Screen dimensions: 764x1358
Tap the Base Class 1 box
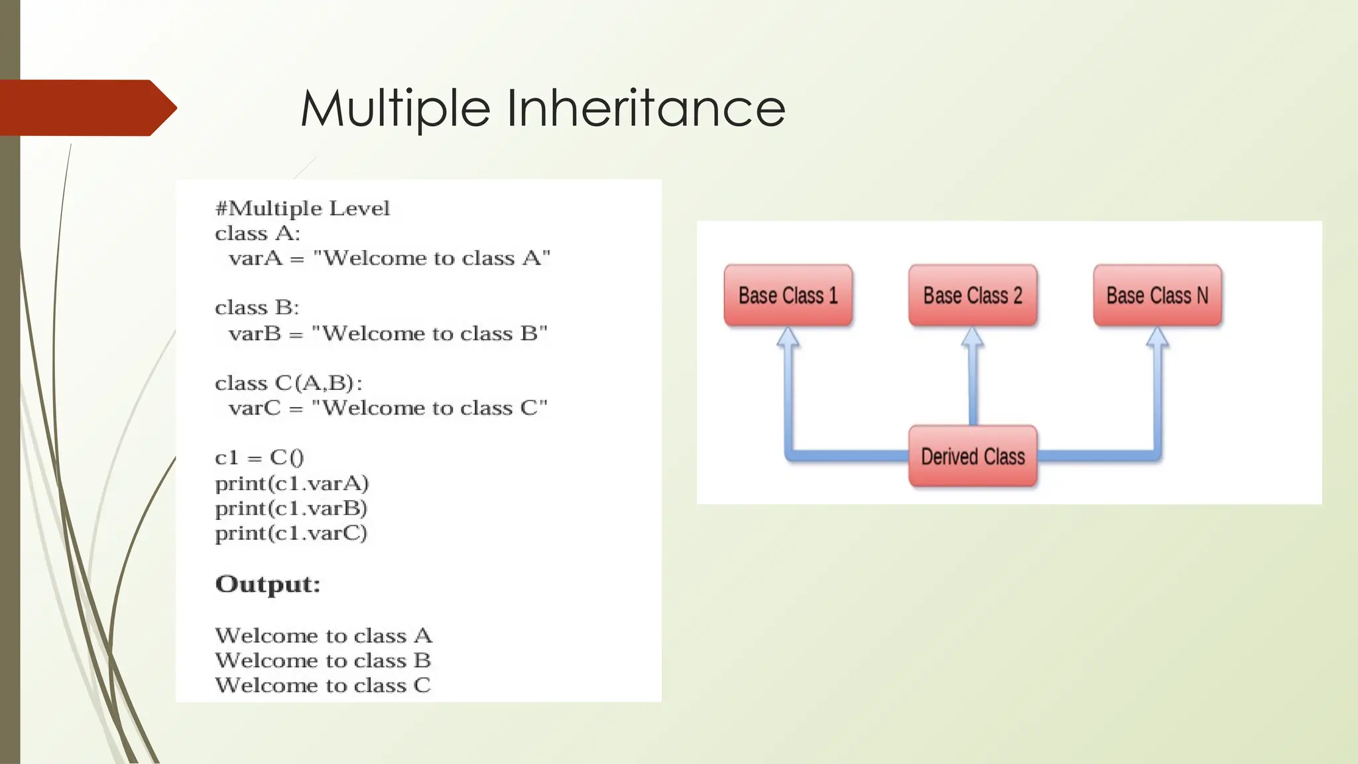point(788,295)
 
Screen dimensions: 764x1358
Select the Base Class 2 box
point(973,295)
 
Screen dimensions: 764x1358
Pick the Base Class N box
point(1157,295)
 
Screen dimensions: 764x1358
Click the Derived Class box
point(973,456)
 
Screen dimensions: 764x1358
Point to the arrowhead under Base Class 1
point(788,338)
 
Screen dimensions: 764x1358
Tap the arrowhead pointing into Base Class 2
point(973,338)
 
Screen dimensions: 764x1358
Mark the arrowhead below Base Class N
point(1157,338)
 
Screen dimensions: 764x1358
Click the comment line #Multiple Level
point(302,208)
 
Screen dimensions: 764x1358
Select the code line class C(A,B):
point(288,383)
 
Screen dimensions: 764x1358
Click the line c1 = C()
point(259,458)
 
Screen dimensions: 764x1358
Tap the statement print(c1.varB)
point(291,508)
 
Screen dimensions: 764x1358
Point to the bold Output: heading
point(268,584)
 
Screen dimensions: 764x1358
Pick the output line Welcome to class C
point(323,685)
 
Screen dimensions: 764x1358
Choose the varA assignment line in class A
point(389,258)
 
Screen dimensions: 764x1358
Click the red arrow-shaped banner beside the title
point(86,108)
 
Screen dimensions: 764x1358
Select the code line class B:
point(257,308)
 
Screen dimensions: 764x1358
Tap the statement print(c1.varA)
point(292,483)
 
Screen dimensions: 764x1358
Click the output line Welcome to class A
point(324,635)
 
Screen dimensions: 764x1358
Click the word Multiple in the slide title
point(395,108)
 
